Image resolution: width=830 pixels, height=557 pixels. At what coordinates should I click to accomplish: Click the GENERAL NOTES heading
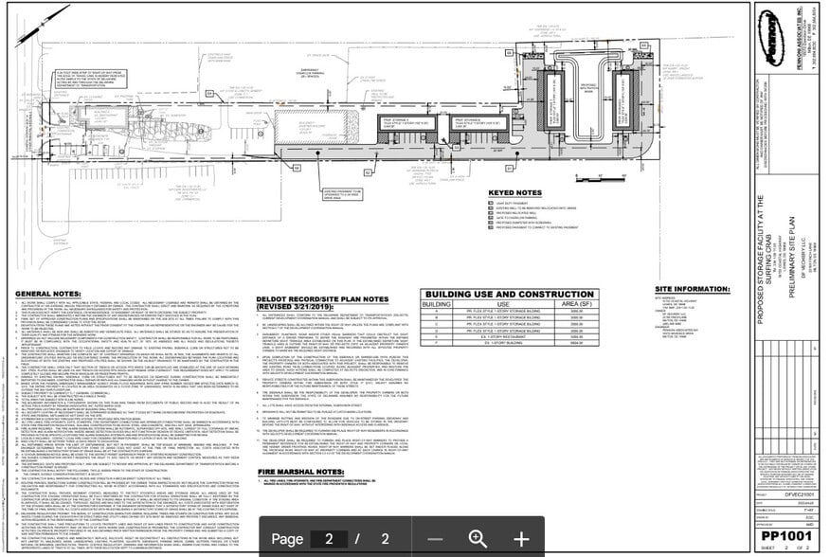tap(45, 295)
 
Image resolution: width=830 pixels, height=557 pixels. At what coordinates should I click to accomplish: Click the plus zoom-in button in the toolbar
tap(520, 538)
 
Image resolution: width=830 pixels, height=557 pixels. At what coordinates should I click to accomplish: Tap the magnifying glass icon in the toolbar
tap(478, 538)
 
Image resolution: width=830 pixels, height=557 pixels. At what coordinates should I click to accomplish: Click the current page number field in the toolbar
tap(329, 538)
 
